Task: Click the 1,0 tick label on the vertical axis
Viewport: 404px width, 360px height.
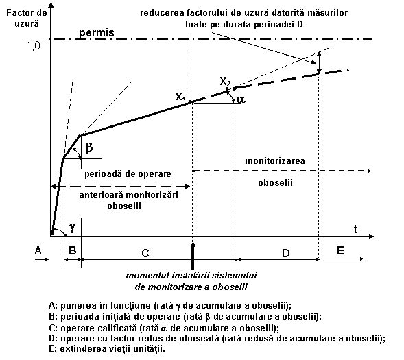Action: [33, 45]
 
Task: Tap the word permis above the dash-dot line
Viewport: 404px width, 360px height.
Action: [96, 33]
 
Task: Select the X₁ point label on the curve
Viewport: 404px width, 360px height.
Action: [180, 97]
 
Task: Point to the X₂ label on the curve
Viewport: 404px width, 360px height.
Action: [225, 82]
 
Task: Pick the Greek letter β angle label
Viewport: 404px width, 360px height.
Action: [89, 148]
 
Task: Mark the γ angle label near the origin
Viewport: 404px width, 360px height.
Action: [72, 228]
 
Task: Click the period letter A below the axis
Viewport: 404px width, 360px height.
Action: [38, 250]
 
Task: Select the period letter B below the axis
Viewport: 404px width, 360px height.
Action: [73, 250]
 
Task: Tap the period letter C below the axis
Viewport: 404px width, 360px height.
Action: [145, 254]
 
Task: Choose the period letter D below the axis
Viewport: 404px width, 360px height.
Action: [286, 254]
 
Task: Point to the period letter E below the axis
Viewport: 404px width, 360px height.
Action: [340, 250]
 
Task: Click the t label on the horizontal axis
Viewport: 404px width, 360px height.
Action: [355, 229]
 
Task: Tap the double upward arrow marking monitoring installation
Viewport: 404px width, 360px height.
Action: [193, 255]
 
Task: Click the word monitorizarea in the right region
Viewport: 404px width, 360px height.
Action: [275, 161]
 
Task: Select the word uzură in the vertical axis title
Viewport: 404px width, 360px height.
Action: [27, 24]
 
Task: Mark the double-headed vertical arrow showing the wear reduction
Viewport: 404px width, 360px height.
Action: [319, 63]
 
